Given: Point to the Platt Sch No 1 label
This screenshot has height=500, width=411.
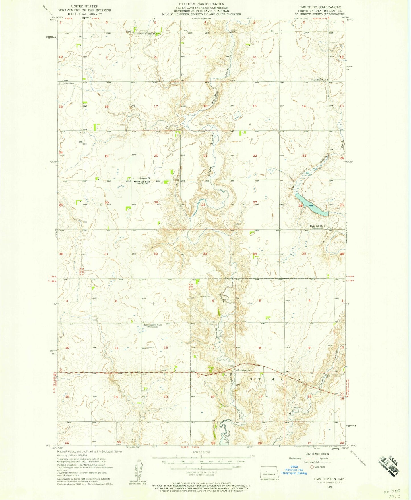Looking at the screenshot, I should point(320,80).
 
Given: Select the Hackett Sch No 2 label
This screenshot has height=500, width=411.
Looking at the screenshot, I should point(152,325).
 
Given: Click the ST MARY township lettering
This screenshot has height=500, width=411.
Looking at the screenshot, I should point(275,379).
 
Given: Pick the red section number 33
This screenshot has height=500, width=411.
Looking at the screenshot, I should point(205,253).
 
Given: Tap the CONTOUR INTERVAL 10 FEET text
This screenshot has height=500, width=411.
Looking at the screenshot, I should point(202,472).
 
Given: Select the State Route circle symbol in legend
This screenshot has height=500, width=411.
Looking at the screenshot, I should point(312,467).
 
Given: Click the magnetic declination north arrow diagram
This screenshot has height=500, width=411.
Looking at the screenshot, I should point(138,470).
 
